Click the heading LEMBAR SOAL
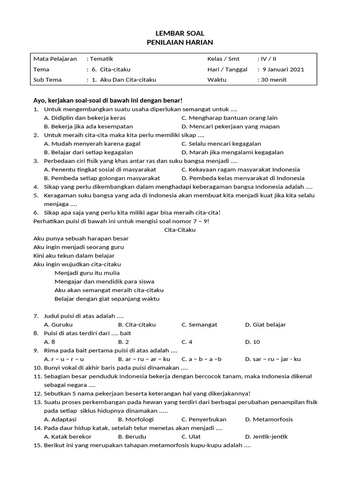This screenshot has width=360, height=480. (x=180, y=33)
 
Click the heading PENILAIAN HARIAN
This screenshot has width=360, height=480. (x=180, y=42)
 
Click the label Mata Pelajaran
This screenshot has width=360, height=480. (x=55, y=59)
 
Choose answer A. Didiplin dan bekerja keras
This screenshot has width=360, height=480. (x=84, y=118)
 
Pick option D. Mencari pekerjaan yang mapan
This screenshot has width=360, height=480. (x=230, y=127)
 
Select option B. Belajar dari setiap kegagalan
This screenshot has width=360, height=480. (x=88, y=152)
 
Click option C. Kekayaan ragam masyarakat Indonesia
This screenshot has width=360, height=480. (x=240, y=170)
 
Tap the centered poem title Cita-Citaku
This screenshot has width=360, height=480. (x=180, y=230)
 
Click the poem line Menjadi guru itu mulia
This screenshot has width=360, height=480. (x=87, y=273)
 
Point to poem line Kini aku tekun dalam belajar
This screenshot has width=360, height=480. (x=74, y=256)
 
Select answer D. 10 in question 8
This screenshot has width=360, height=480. (x=252, y=342)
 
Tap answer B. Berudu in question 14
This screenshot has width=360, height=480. (x=132, y=437)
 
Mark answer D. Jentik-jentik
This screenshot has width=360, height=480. (x=266, y=437)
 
